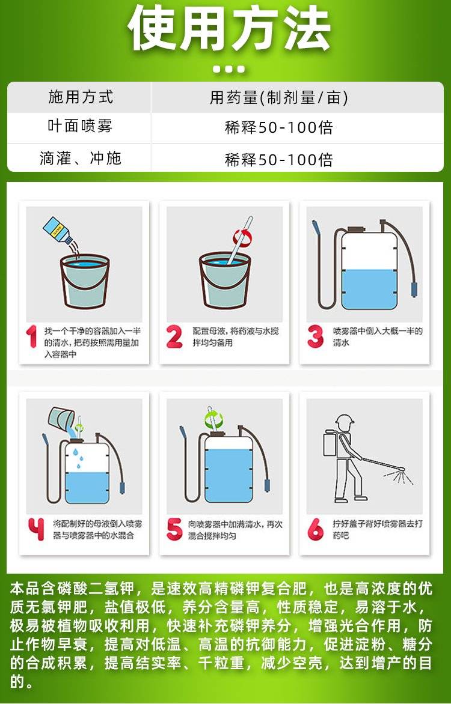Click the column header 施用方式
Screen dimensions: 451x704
tap(81, 97)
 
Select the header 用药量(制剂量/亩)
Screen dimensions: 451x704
tap(279, 97)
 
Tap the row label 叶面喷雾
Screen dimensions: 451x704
tap(80, 126)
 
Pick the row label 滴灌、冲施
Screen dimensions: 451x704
tap(81, 158)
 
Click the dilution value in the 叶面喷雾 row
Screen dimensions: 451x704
tap(279, 127)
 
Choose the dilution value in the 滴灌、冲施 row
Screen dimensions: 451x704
tap(279, 159)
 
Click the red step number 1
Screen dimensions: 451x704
tap(31, 337)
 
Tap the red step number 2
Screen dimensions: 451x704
tap(174, 337)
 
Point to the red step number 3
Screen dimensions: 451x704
tap(315, 337)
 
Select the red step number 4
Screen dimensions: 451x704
tap(36, 529)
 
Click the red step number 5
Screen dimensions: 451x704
tap(174, 529)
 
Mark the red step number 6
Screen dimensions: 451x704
tap(315, 529)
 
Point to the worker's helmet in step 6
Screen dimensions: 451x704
tap(345, 420)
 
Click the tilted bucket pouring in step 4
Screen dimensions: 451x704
tap(61, 419)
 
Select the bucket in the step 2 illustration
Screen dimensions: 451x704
tap(224, 281)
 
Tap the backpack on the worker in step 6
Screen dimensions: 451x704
tap(331, 443)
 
